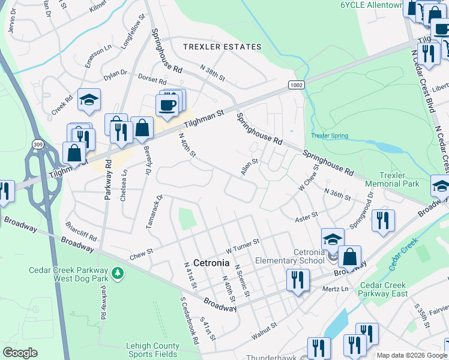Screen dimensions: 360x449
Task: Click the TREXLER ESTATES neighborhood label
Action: [x=222, y=47]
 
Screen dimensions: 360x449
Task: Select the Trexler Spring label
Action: [x=330, y=136]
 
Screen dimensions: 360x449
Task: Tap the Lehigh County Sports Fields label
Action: [x=152, y=350]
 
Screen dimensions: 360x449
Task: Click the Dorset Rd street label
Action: [x=154, y=80]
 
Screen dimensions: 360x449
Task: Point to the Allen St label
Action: [x=249, y=167]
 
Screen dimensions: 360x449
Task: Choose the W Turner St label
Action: [x=242, y=245]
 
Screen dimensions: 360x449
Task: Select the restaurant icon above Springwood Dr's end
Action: [x=383, y=220]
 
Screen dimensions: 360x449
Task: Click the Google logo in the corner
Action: [x=20, y=353]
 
